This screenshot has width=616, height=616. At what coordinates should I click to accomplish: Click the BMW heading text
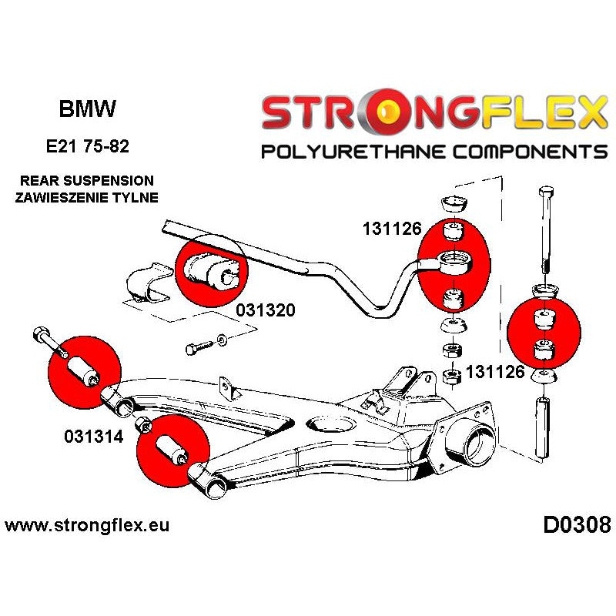[87, 109]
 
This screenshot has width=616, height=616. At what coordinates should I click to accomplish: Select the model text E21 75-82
[87, 146]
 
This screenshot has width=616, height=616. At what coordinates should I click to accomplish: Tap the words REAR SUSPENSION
[87, 181]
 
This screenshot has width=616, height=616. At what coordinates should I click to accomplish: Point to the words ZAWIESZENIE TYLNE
[87, 197]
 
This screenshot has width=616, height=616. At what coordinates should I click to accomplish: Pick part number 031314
[85, 437]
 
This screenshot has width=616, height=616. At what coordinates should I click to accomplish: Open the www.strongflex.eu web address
[86, 527]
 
